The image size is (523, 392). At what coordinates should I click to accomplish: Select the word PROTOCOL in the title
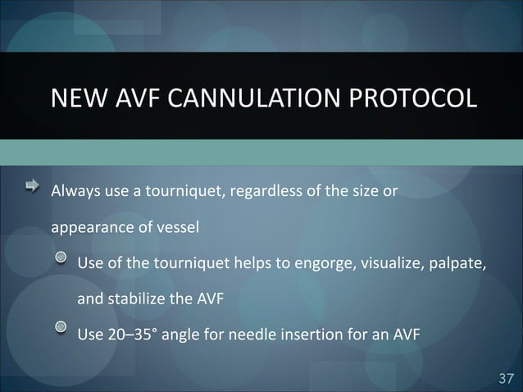click(x=412, y=98)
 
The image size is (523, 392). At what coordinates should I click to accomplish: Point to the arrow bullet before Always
click(x=32, y=189)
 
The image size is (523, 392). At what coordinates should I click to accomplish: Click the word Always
click(x=73, y=194)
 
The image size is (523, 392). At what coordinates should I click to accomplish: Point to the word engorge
click(x=312, y=264)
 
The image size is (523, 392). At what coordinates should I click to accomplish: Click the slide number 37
click(x=506, y=377)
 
